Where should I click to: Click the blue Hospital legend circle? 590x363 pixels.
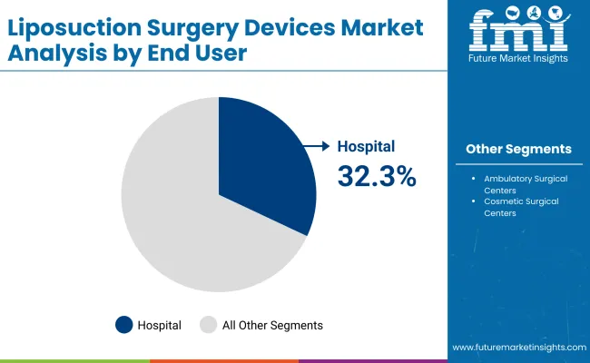[x=123, y=324]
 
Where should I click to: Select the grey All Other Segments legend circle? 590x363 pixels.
[x=208, y=324]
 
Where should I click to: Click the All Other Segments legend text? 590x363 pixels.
[x=272, y=324]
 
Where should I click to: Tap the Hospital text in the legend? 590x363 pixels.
[x=160, y=324]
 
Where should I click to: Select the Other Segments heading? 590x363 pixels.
[x=518, y=149]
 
